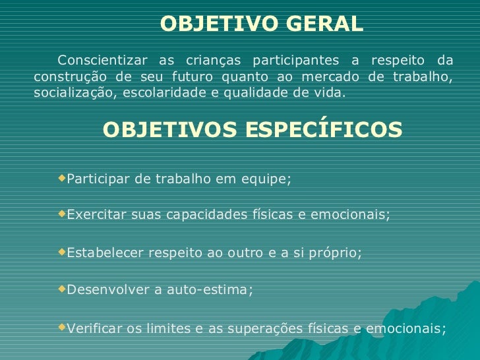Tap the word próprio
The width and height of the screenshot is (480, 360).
[x=336, y=253]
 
